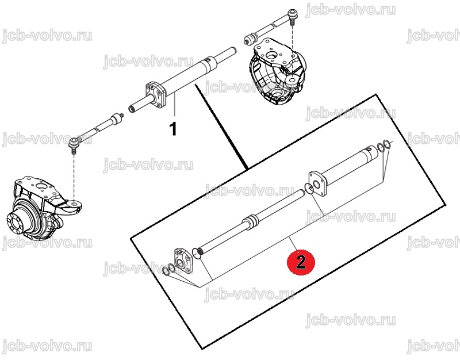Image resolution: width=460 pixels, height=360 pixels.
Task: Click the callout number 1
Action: [174, 129]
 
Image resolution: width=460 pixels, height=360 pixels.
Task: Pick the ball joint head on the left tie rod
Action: [74, 142]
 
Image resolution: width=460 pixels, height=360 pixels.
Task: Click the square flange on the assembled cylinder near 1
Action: [156, 94]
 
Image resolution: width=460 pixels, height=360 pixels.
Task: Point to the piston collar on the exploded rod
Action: [251, 221]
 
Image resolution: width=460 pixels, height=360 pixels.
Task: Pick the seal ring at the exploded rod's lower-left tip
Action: [196, 253]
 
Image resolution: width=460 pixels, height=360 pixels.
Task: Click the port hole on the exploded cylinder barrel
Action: [369, 150]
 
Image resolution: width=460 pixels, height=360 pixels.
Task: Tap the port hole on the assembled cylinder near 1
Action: [208, 60]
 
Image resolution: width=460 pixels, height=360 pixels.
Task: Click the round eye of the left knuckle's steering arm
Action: [74, 204]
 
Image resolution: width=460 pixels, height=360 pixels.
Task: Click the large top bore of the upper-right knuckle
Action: [271, 55]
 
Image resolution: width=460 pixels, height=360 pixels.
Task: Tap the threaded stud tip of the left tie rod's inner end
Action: [120, 115]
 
